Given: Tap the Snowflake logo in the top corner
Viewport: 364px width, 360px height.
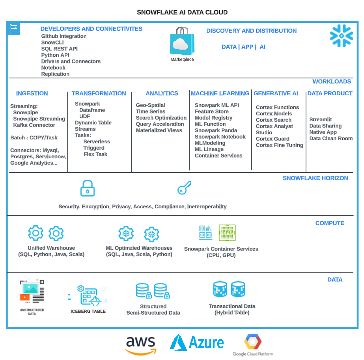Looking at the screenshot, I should [341, 36].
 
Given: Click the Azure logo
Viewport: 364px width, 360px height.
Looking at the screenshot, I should [197, 343].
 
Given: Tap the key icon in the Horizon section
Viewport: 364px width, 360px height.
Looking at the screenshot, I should [184, 188].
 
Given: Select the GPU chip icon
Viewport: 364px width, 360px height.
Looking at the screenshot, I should [227, 233].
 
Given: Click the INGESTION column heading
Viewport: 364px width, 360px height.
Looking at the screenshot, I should [32, 93].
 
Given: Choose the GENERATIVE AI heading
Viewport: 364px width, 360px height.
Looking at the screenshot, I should [276, 93].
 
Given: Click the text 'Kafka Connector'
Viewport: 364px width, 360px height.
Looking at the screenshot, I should [34, 125].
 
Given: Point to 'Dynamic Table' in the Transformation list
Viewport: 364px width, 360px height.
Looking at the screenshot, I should [93, 122].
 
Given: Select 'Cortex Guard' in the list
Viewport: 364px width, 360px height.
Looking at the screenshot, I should [273, 139].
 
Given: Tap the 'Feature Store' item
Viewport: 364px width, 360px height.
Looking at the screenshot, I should [211, 111].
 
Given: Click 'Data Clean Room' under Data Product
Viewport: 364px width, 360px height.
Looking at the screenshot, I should [331, 138].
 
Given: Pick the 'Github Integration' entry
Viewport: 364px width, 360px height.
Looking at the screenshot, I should [64, 36].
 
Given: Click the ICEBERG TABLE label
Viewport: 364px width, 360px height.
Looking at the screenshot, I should [88, 311].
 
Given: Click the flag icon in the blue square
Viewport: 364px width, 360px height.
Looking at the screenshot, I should [14, 29].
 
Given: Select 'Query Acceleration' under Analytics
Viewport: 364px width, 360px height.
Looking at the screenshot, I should [160, 124].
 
